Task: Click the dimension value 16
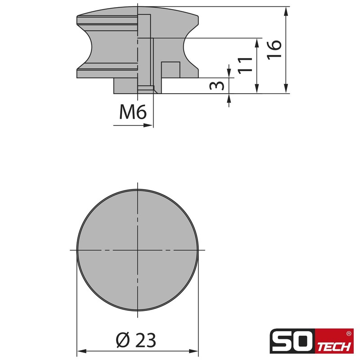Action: pyautogui.click(x=274, y=49)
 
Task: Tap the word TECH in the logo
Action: pyautogui.click(x=335, y=347)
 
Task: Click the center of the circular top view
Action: pyautogui.click(x=137, y=249)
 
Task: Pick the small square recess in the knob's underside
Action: pyautogui.click(x=171, y=69)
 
